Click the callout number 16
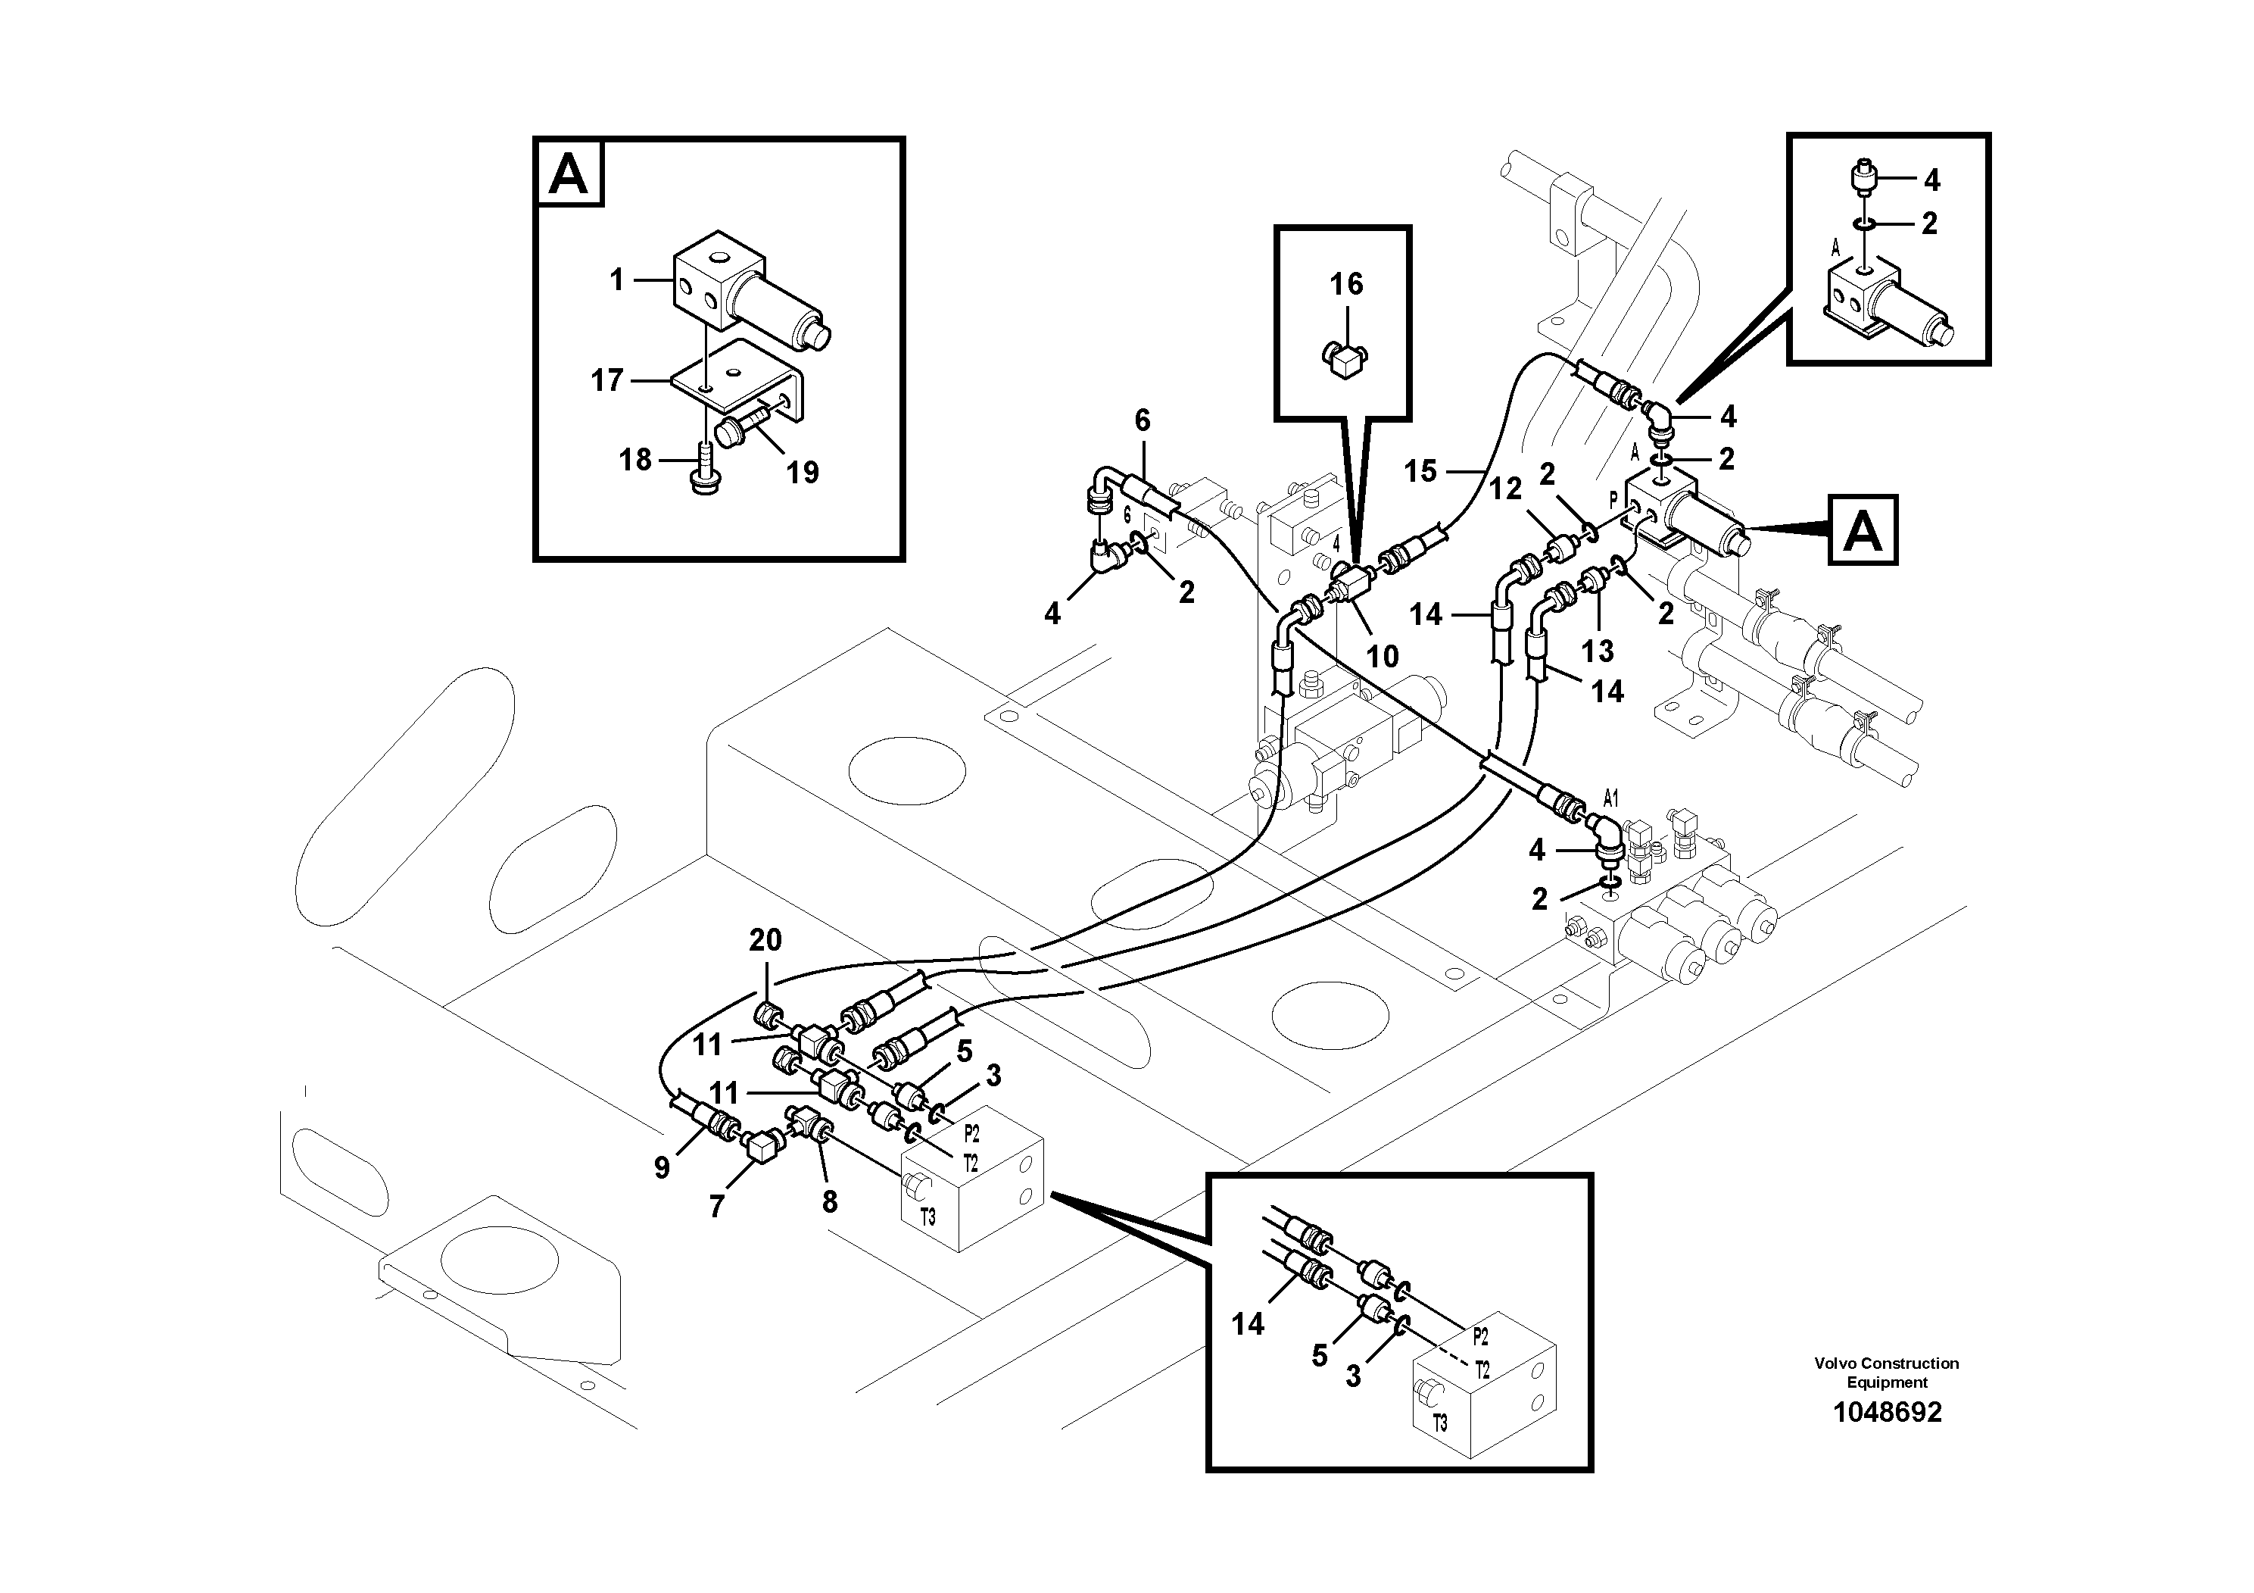coord(1346,285)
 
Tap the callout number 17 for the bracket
coord(606,381)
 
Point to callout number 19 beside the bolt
coord(802,473)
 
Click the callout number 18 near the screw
coord(635,460)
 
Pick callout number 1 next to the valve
coord(616,281)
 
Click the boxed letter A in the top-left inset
coord(569,176)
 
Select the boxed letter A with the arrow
coord(1863,531)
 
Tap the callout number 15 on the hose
coord(1420,471)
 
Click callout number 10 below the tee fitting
coord(1383,656)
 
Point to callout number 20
coord(765,940)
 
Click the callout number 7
coord(717,1207)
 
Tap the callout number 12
coord(1505,488)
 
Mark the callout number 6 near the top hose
coord(1142,421)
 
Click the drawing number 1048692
coord(1886,1412)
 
